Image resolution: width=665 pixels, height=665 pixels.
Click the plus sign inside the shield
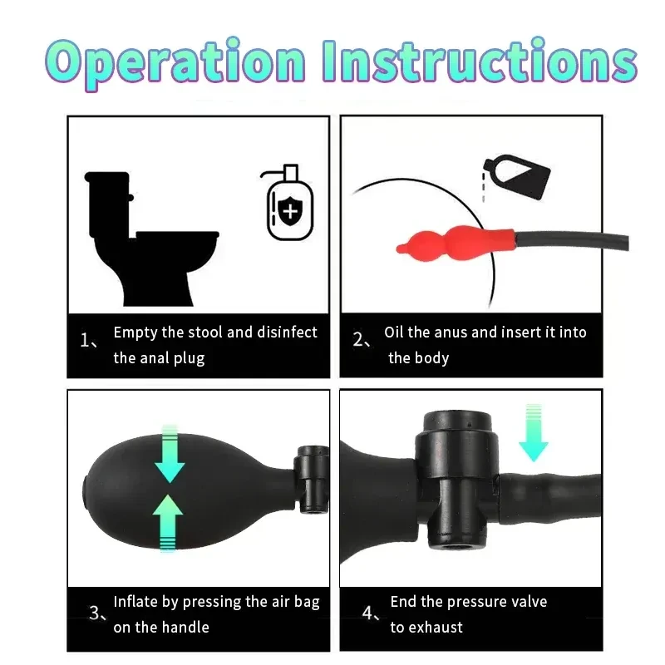tap(289, 213)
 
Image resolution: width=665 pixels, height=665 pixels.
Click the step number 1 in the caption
tap(86, 340)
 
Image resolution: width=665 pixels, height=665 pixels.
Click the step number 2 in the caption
tap(359, 340)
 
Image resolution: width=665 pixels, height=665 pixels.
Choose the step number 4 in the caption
tap(368, 613)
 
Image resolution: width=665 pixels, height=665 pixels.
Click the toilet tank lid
tap(107, 176)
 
